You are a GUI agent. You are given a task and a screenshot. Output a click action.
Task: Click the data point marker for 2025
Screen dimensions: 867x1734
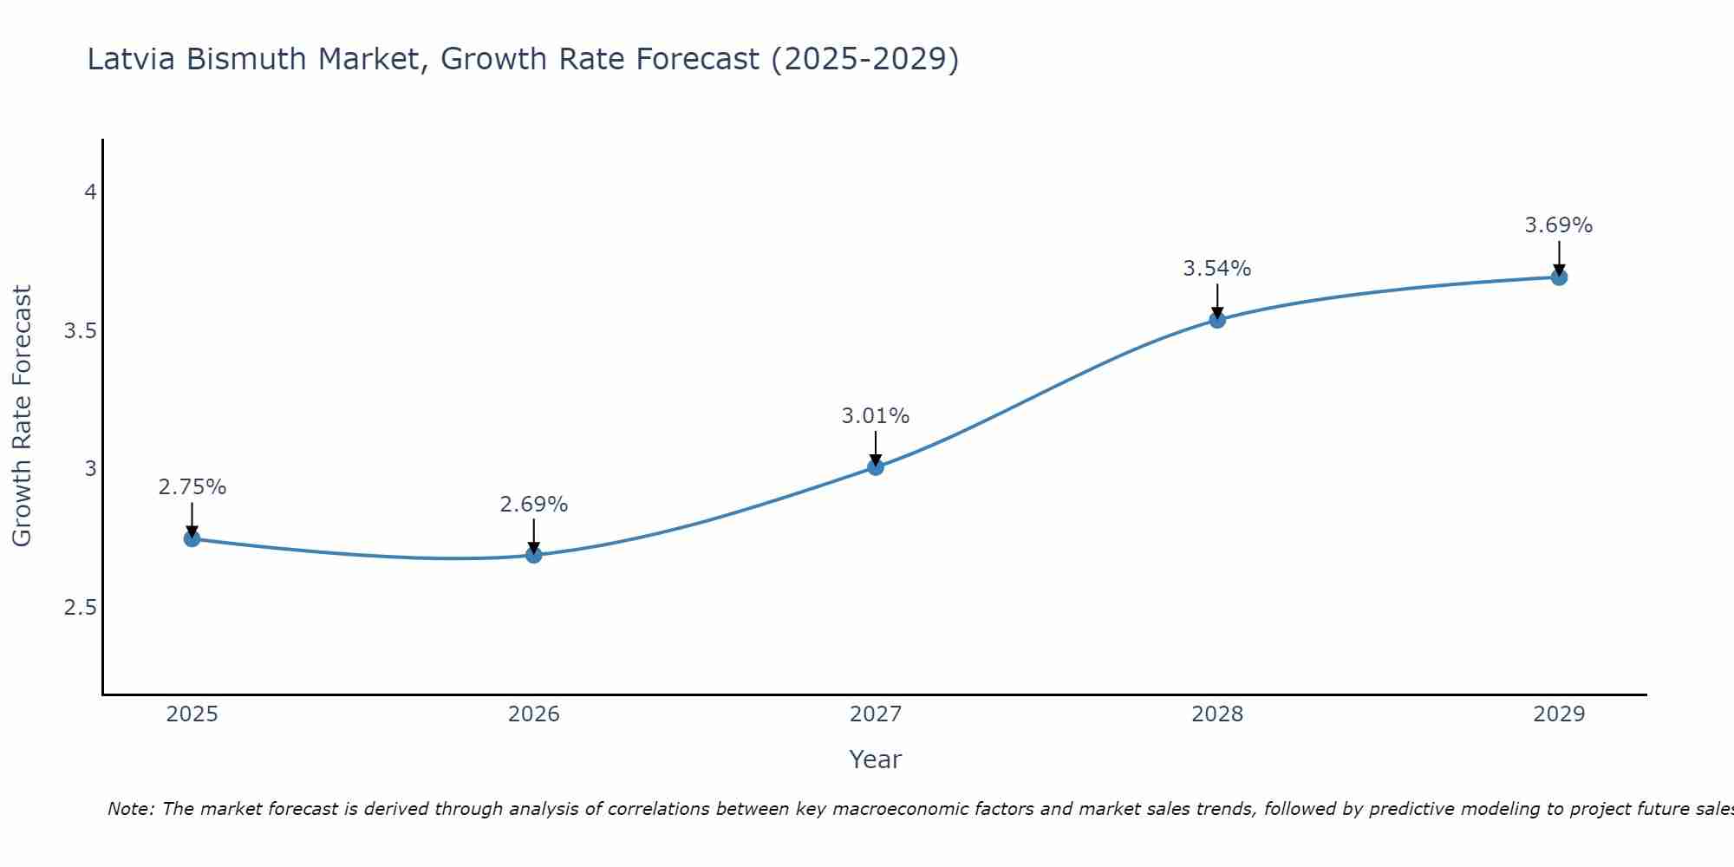pos(192,539)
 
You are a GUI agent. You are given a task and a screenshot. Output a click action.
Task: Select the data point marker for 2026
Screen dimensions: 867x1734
pos(534,555)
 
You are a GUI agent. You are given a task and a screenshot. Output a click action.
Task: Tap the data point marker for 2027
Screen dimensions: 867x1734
pos(876,467)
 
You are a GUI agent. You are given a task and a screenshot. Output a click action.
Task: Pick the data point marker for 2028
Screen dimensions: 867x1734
pos(1217,320)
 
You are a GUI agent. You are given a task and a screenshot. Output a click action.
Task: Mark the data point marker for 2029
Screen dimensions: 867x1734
pos(1559,277)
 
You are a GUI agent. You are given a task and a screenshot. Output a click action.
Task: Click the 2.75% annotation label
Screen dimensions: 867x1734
pos(192,487)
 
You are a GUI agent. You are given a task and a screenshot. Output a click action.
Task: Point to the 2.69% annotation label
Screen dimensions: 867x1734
pos(534,505)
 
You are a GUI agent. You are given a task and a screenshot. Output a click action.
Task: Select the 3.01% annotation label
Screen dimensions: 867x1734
pos(876,416)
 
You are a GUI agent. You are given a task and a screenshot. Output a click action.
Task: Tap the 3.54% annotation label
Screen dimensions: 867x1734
pos(1217,269)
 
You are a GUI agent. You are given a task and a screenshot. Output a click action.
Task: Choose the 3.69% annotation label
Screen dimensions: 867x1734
pos(1559,225)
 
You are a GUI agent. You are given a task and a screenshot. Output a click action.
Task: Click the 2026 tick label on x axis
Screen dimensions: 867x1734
pos(534,714)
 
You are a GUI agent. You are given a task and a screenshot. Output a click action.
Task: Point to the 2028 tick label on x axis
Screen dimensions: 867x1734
pos(1217,714)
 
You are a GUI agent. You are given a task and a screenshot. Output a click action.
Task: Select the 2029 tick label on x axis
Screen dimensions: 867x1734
pos(1559,714)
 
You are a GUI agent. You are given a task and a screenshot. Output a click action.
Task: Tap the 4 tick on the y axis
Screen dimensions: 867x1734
pos(90,192)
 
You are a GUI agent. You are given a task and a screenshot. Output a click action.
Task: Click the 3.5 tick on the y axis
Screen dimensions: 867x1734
pos(81,331)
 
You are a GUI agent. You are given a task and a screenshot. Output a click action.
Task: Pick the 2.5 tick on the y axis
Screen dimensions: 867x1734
pos(81,608)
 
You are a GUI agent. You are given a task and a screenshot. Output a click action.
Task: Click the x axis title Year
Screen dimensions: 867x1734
pos(876,759)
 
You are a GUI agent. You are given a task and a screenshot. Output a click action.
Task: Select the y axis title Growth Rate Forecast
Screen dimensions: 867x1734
pos(23,416)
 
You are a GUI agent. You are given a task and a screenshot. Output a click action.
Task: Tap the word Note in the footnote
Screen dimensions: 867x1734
pos(130,809)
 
